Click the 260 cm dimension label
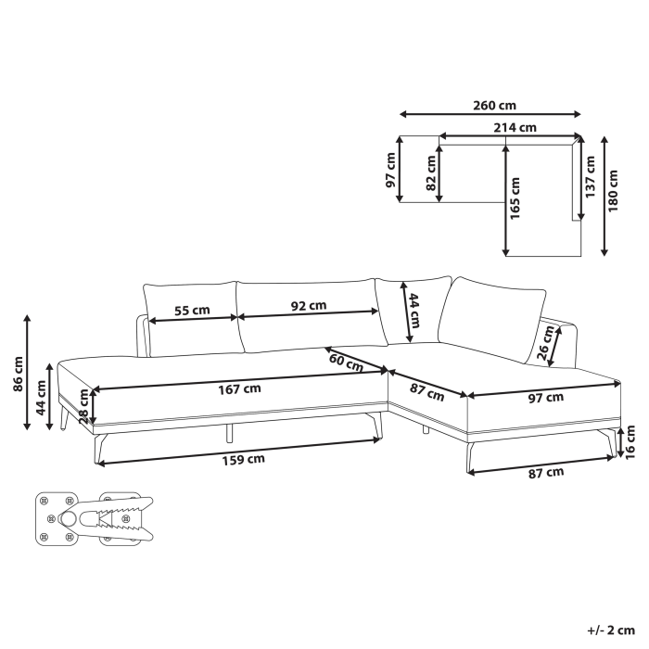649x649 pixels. pyautogui.click(x=494, y=105)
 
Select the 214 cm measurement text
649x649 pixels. pyautogui.click(x=514, y=127)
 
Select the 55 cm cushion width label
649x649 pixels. pyautogui.click(x=192, y=311)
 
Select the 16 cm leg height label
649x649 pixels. pyautogui.click(x=630, y=440)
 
